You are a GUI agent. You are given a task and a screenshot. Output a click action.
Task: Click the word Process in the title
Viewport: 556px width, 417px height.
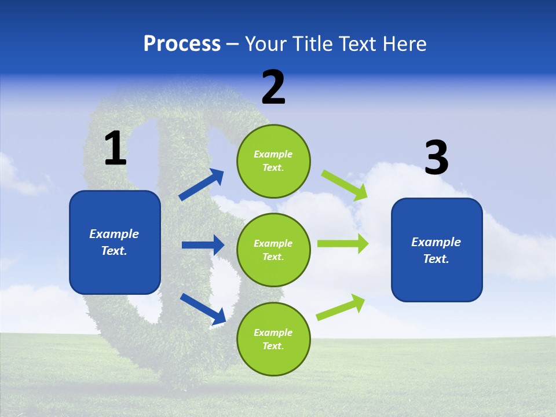tap(182, 44)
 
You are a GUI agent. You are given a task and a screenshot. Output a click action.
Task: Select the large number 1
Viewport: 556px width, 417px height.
tap(115, 149)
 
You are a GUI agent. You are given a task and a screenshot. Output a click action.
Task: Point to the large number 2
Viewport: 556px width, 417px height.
tap(273, 87)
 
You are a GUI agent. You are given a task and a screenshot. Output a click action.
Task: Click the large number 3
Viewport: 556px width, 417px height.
tap(436, 158)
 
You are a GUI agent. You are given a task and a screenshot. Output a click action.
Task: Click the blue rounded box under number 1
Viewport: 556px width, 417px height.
tap(115, 242)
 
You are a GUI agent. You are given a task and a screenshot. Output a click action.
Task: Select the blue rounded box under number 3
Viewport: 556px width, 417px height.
tap(437, 250)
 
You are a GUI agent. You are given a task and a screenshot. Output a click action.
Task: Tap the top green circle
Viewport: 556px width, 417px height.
tap(273, 161)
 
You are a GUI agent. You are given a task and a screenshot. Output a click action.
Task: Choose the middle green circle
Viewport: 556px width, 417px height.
tap(273, 250)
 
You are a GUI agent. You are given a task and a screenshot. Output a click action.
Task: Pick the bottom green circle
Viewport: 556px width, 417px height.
tap(273, 339)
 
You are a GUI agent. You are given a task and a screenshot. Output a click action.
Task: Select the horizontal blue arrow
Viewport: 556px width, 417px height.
tap(203, 245)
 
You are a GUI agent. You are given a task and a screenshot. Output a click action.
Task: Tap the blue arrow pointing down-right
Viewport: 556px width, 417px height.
tap(203, 309)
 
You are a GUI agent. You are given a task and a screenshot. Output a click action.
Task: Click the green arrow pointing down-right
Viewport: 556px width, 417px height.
tap(344, 185)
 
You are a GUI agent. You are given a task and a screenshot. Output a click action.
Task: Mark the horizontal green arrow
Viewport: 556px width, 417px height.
tap(342, 244)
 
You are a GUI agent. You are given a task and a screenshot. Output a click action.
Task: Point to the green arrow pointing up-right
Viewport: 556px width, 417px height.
tap(341, 308)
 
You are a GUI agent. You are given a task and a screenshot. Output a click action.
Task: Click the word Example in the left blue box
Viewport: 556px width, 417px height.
tap(114, 234)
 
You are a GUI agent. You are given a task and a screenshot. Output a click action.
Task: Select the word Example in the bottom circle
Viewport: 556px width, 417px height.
tap(273, 332)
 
